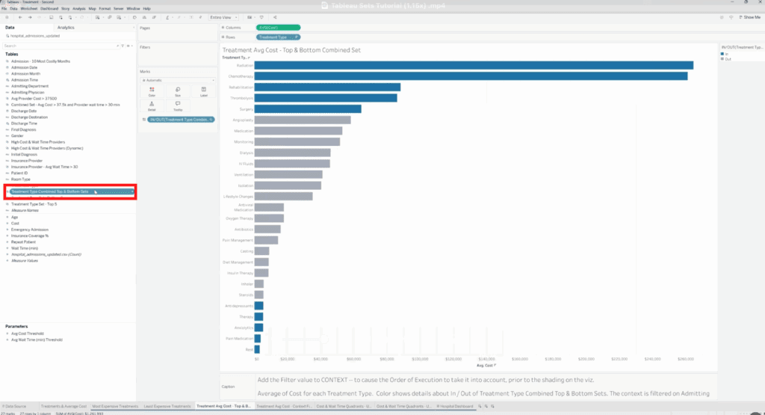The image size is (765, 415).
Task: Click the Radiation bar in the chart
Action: [474, 65]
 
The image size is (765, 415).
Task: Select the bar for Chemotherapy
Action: [471, 76]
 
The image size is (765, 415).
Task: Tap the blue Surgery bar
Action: [308, 109]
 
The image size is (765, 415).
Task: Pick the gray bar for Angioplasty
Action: [303, 120]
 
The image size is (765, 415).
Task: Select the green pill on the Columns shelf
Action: [278, 28]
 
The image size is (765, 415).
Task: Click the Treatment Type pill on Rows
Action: [273, 37]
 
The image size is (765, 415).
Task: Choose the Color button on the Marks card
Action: [152, 91]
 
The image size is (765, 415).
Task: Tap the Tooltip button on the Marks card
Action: [177, 106]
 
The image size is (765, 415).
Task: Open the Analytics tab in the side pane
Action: [66, 27]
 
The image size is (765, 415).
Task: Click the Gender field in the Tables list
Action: [17, 135]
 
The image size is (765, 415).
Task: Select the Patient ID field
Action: [20, 173]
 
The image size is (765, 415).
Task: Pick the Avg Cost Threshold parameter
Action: [27, 333]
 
